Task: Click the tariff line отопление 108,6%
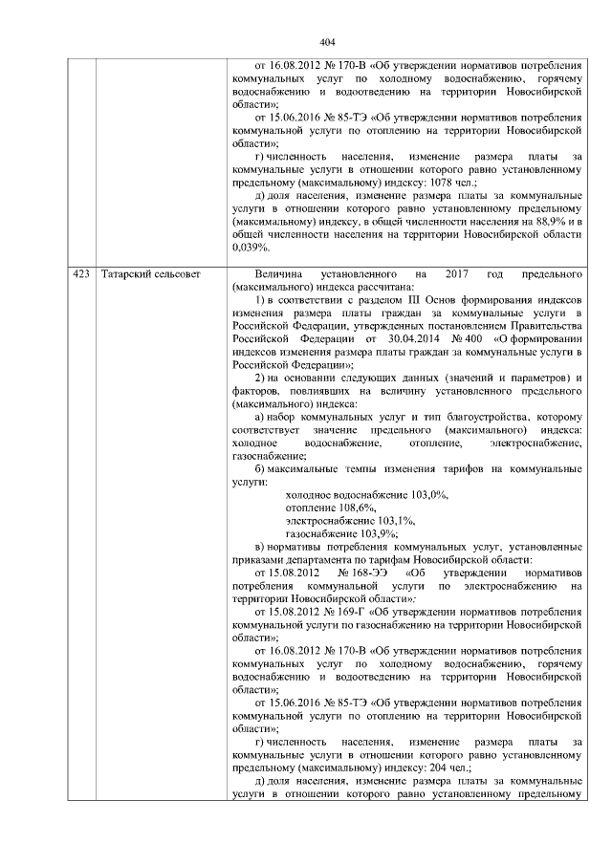pos(331,507)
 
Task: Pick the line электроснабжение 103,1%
pos(351,520)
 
